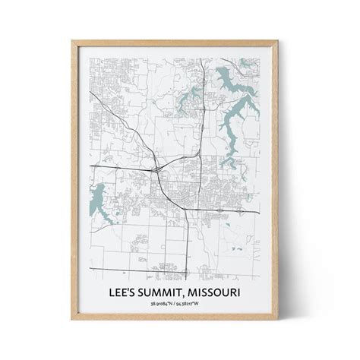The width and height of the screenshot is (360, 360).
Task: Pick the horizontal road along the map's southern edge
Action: click(x=152, y=270)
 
